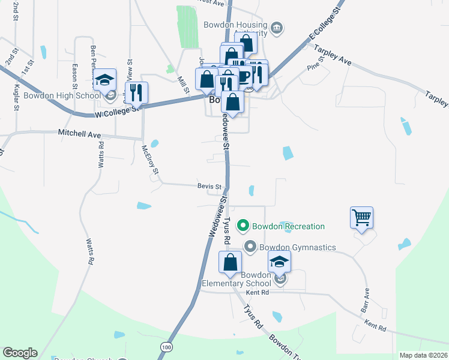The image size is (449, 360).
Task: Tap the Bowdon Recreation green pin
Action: (x=243, y=226)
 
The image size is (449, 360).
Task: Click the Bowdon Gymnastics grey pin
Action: (x=250, y=247)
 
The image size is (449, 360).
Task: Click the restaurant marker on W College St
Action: (x=136, y=92)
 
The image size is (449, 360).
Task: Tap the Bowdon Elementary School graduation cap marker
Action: (x=279, y=262)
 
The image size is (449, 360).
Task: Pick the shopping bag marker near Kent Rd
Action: (x=230, y=262)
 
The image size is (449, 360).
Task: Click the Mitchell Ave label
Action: (x=79, y=134)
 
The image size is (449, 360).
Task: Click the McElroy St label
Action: (x=150, y=160)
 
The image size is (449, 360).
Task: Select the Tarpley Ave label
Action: (x=333, y=53)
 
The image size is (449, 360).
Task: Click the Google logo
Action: (x=20, y=353)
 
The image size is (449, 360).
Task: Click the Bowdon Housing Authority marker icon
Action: (x=277, y=28)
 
